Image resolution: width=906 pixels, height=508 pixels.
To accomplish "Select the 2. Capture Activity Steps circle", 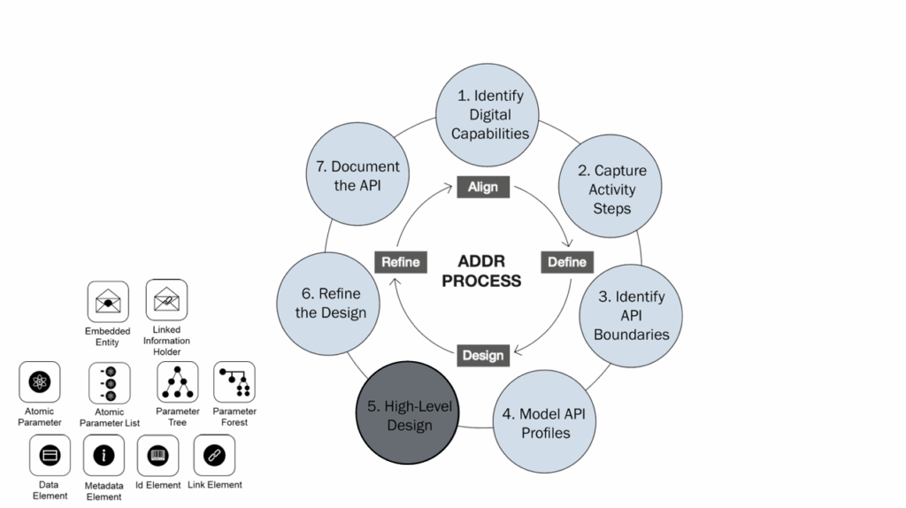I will click(x=607, y=189).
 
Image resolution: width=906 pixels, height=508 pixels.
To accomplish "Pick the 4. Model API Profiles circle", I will click(x=544, y=422).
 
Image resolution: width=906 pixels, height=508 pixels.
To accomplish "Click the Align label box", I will click(x=483, y=187).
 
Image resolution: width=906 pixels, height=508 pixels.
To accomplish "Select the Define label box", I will click(x=567, y=262).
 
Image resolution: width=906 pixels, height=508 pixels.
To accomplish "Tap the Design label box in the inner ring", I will click(x=483, y=356).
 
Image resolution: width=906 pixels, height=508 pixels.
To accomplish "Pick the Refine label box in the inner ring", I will click(x=401, y=262).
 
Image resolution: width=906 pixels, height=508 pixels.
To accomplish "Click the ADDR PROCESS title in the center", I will click(x=483, y=272).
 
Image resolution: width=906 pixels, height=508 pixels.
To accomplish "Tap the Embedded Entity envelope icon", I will click(x=108, y=302).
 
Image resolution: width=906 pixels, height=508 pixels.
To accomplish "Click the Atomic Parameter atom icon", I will click(x=40, y=382).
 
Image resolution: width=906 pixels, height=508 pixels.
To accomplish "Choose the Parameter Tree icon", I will click(x=177, y=382).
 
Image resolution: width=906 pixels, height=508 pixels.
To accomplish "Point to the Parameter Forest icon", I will click(x=234, y=381).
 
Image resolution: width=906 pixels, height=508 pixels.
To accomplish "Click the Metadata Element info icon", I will click(x=104, y=456).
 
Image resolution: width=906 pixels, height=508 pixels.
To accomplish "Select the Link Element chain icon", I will click(x=215, y=455).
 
